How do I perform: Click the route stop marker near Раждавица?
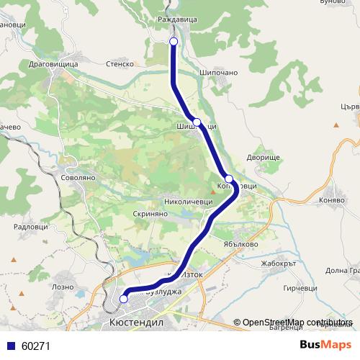coord(174,42)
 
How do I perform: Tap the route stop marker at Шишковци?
coord(197,122)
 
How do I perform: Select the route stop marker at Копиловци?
coord(228,179)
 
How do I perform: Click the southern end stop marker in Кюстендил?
coord(123,298)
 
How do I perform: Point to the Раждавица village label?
coord(176,19)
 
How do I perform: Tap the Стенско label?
coord(120,64)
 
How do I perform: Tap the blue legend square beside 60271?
coord(10,346)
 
